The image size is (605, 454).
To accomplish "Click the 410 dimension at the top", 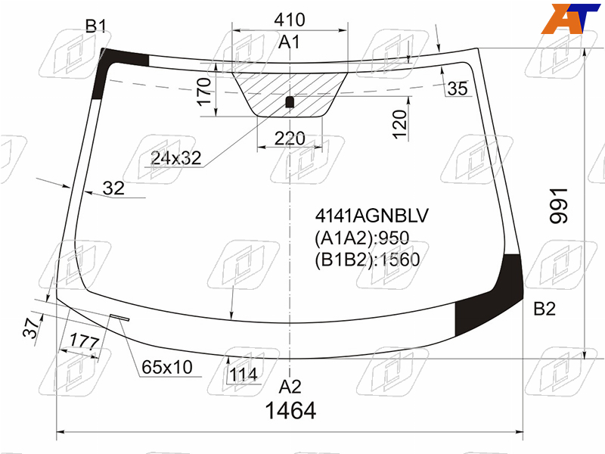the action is [x=290, y=20].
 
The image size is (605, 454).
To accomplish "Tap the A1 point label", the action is [x=289, y=42].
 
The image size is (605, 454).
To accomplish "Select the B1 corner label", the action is [x=95, y=26].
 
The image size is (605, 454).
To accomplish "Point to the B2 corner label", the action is [x=544, y=309].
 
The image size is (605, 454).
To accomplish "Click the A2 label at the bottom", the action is [x=290, y=387].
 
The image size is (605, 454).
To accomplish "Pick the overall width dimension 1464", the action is [x=290, y=410].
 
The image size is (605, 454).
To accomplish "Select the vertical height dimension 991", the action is [x=559, y=206].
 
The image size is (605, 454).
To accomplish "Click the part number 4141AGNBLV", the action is [x=371, y=216].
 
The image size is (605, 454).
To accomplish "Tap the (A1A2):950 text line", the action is [x=362, y=238].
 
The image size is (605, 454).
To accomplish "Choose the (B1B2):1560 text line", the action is [x=368, y=260].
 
